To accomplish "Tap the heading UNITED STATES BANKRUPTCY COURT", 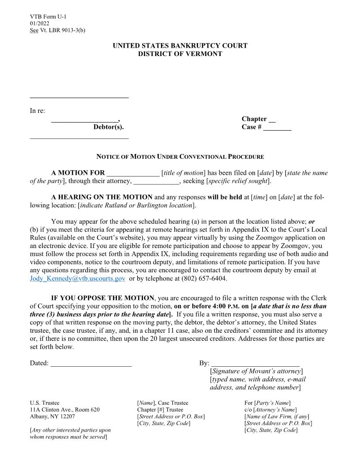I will tap(180, 45).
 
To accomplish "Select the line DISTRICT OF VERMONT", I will tap(180, 54).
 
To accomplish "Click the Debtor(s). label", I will tap(109, 127).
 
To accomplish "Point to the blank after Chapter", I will tap(272, 120).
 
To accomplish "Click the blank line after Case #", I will tap(277, 128).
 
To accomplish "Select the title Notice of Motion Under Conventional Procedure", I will tap(180, 157).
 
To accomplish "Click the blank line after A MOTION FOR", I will tap(133, 173).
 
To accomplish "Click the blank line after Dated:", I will tap(91, 364).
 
